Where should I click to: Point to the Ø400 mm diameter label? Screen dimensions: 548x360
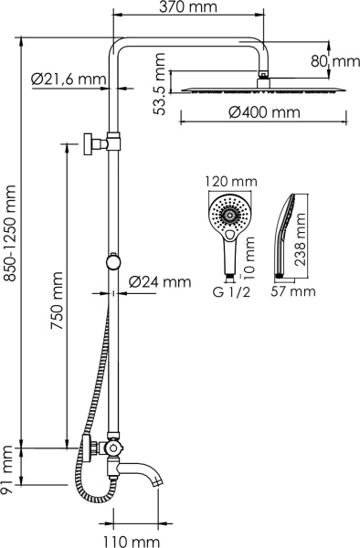(x=264, y=113)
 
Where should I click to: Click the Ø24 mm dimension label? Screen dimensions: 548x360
(x=160, y=281)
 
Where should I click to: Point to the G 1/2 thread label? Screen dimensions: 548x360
(x=228, y=292)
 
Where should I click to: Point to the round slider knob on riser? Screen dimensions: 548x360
(x=112, y=262)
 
